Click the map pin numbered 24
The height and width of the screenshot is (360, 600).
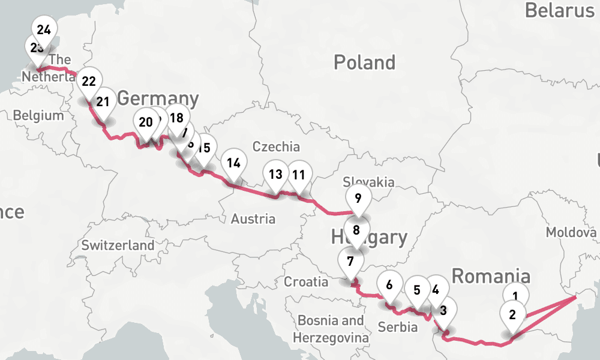(x=43, y=29)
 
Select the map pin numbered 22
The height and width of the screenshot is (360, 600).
(x=89, y=82)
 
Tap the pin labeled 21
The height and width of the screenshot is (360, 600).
(x=103, y=101)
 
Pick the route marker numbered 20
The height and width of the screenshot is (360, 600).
(x=145, y=122)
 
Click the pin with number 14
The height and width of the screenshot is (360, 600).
(x=234, y=163)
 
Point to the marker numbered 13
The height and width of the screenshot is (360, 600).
(x=275, y=175)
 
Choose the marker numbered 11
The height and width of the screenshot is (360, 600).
(x=299, y=175)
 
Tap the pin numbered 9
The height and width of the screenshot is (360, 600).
(x=358, y=197)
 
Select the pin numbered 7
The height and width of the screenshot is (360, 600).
(x=350, y=261)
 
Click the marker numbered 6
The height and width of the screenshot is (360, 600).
(x=389, y=284)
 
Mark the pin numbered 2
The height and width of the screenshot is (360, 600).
(x=512, y=314)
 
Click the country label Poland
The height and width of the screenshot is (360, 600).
(x=364, y=62)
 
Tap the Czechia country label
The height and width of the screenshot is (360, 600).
(x=276, y=147)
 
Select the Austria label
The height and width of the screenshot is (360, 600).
(x=253, y=219)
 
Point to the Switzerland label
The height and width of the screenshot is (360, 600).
(x=118, y=245)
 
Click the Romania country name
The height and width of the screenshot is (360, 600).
(x=491, y=277)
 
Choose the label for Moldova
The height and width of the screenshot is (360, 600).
(x=571, y=232)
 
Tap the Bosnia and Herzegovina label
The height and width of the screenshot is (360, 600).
(x=331, y=329)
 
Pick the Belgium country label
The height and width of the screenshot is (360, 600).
(x=38, y=115)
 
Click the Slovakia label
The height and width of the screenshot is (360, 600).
(x=368, y=182)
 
